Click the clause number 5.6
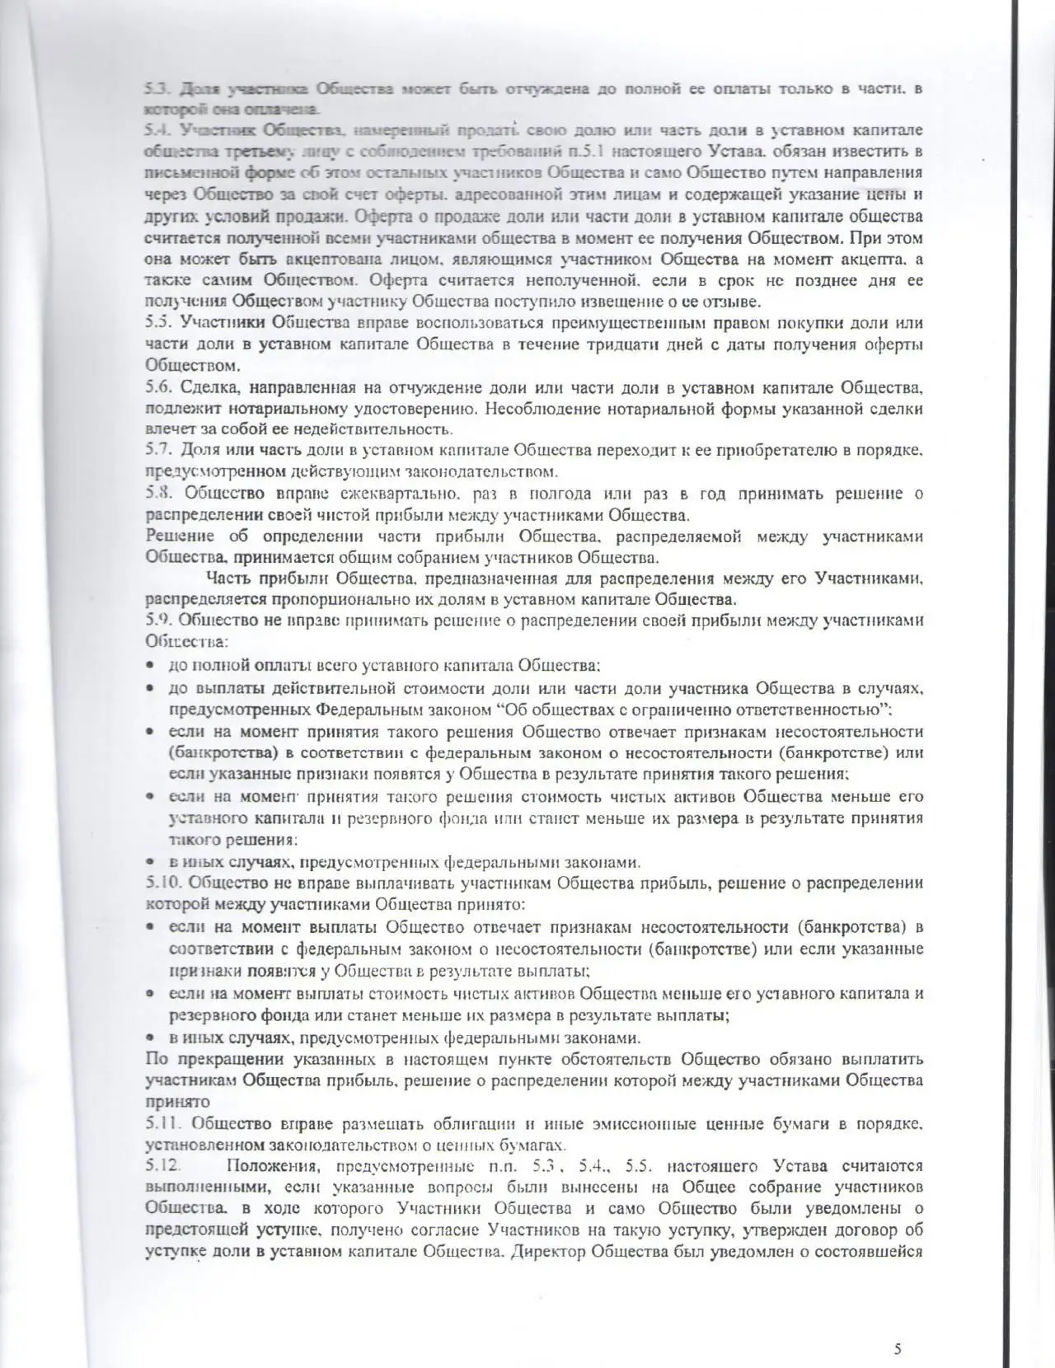point(157,387)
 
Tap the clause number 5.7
point(157,451)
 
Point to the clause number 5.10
point(162,883)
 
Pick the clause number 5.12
point(162,1166)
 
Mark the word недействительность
point(381,429)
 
